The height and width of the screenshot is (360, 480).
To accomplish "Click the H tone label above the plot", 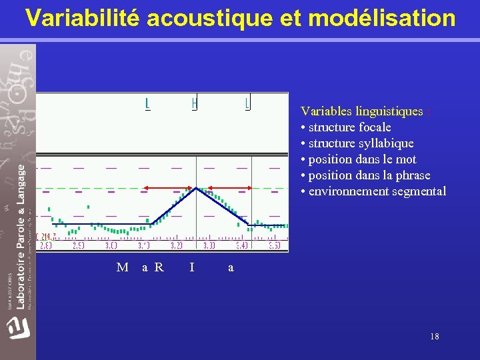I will pyautogui.click(x=194, y=103).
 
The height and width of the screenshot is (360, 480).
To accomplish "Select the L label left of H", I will pyautogui.click(x=147, y=103).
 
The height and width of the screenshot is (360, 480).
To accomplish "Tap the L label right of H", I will pyautogui.click(x=247, y=103).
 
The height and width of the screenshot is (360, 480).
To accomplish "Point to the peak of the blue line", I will pyautogui.click(x=196, y=189).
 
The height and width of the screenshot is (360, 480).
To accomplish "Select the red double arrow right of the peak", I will pyautogui.click(x=225, y=188).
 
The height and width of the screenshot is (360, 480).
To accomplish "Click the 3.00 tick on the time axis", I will pyautogui.click(x=111, y=245).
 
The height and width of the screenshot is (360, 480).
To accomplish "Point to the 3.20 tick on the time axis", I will pyautogui.click(x=177, y=245).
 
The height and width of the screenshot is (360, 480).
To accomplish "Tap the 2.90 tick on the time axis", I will pyautogui.click(x=79, y=245).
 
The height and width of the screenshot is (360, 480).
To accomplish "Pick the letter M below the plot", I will pyautogui.click(x=122, y=267).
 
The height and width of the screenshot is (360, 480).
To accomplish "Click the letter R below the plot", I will pyautogui.click(x=159, y=267).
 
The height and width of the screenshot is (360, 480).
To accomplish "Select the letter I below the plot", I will pyautogui.click(x=192, y=267).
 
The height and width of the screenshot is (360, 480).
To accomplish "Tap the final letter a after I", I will pyautogui.click(x=231, y=267).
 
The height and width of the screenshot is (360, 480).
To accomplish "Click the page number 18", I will pyautogui.click(x=435, y=337).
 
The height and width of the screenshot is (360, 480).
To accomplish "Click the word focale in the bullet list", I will pyautogui.click(x=375, y=127).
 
